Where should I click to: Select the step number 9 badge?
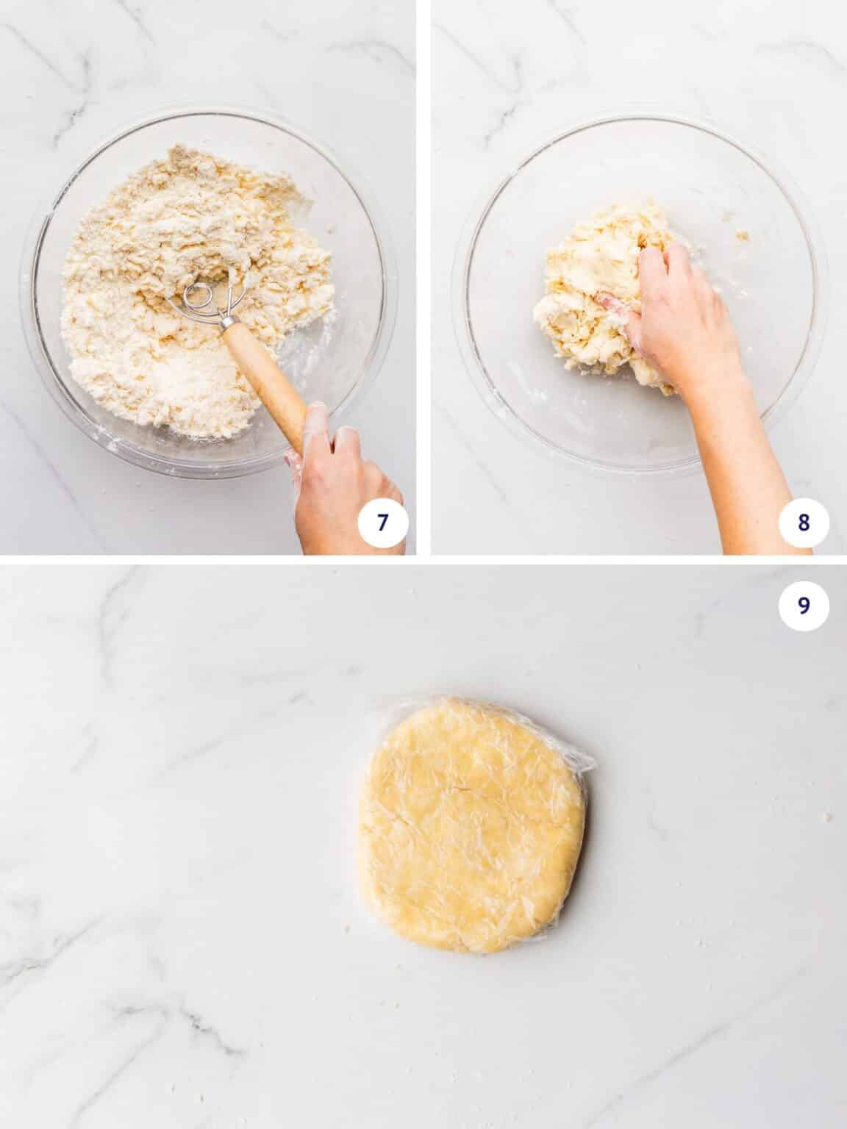click(803, 604)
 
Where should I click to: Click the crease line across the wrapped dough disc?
click(471, 790)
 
